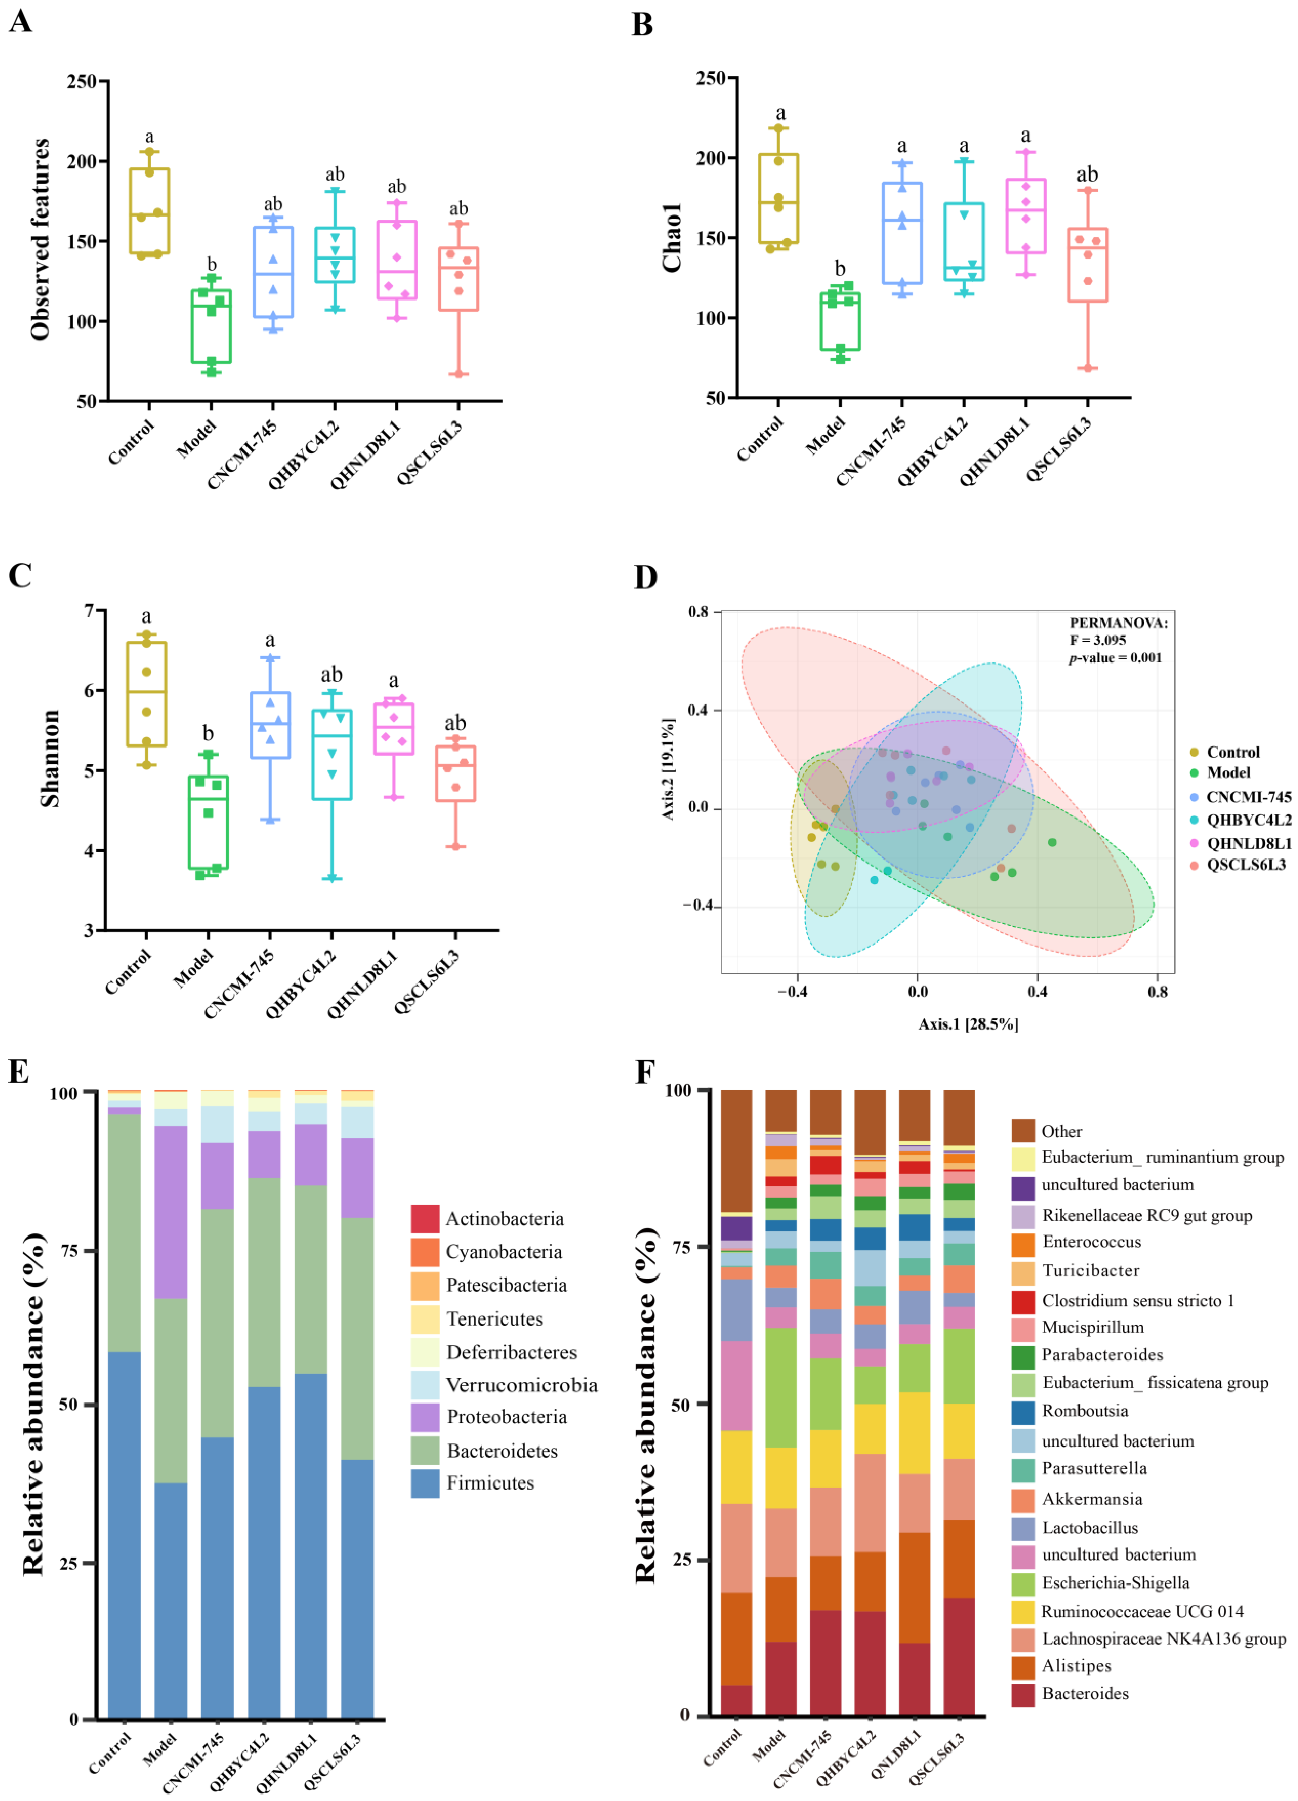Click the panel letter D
[x=646, y=577]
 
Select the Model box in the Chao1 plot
[x=840, y=322]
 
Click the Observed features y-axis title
[x=40, y=240]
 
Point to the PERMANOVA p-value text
[x=1115, y=657]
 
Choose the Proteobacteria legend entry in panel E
[x=507, y=1418]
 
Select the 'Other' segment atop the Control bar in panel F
[x=736, y=1151]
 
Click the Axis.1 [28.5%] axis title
[x=968, y=1024]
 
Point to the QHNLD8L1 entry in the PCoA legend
[x=1248, y=843]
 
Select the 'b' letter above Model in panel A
[x=211, y=264]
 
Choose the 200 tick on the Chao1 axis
[x=710, y=158]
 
